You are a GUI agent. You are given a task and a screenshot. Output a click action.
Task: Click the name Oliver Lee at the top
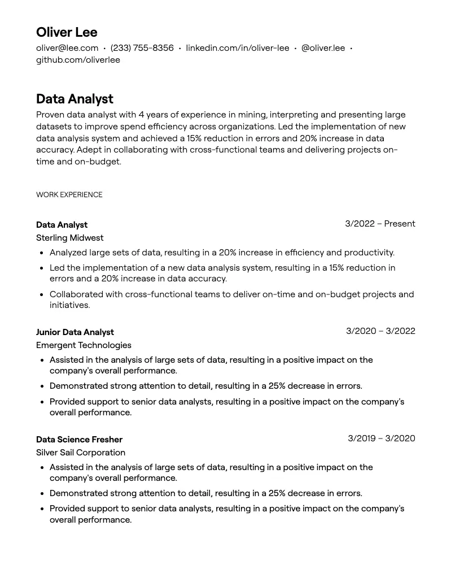[x=67, y=32]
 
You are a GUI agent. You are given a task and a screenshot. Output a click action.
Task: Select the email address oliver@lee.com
[x=67, y=48]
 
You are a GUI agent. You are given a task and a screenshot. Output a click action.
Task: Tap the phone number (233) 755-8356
[x=142, y=48]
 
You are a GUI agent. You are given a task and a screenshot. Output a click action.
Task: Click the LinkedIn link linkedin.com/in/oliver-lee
[x=237, y=48]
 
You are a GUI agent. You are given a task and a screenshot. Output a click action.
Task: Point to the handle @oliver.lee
[x=323, y=48]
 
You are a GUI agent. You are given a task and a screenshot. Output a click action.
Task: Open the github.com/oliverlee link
[x=78, y=60]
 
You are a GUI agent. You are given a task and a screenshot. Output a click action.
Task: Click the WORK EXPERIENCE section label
[x=69, y=195]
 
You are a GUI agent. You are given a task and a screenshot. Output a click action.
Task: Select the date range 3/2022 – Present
[x=380, y=224]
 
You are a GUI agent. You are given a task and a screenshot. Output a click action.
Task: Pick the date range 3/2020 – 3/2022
[x=380, y=331]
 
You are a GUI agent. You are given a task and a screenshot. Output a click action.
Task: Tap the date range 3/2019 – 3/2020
[x=381, y=438]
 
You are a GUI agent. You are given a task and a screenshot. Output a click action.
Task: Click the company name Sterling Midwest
[x=70, y=238]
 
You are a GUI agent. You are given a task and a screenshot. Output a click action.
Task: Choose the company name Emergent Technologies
[x=84, y=345]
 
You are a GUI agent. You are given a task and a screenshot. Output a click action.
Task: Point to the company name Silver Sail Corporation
[x=81, y=453]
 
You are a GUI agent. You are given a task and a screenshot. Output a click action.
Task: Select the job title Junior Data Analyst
[x=75, y=332]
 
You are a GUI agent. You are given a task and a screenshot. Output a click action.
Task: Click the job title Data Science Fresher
[x=79, y=440]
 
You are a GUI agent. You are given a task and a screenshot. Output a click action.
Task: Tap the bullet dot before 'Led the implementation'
[x=42, y=268]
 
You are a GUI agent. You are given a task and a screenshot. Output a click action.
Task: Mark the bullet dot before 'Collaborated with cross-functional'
[x=42, y=295]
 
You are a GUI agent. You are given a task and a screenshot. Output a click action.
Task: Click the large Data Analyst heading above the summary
[x=75, y=99]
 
